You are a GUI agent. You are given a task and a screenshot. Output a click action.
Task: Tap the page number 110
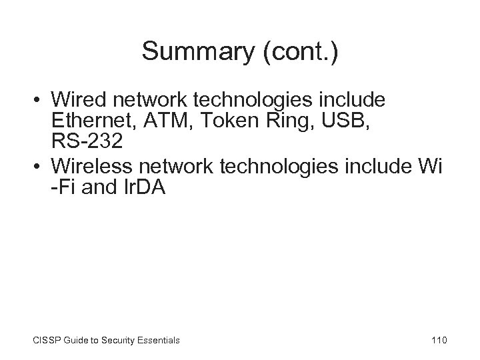[x=439, y=340]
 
